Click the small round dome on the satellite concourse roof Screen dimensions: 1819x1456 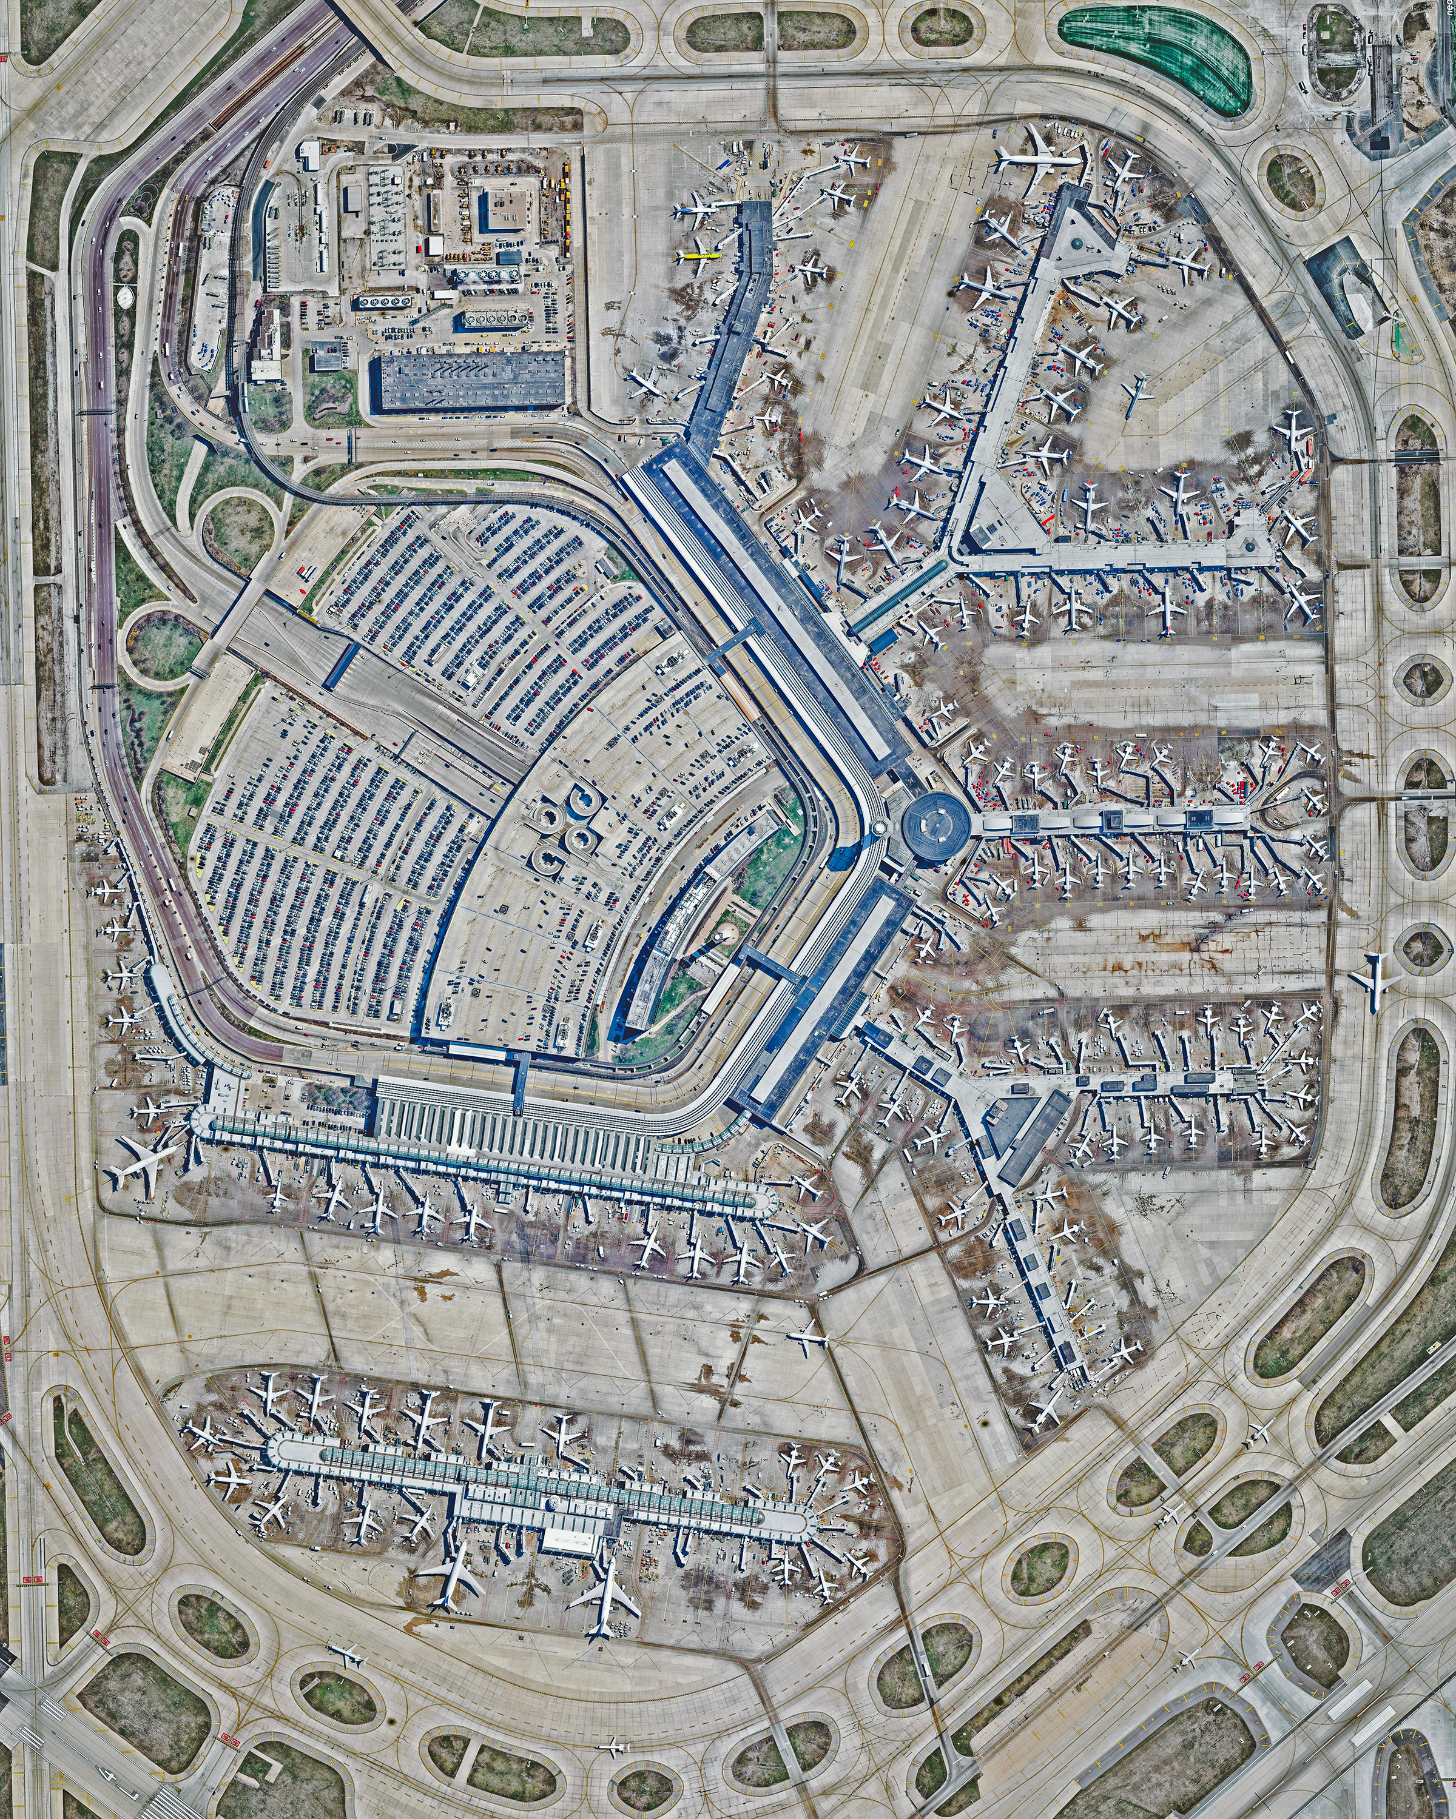[552, 1502]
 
